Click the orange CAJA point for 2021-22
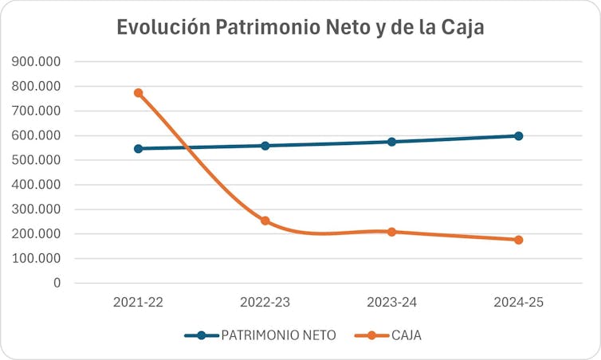pyautogui.click(x=138, y=93)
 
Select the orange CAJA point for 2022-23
pyautogui.click(x=265, y=221)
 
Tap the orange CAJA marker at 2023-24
pyautogui.click(x=392, y=232)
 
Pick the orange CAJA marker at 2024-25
pyautogui.click(x=518, y=240)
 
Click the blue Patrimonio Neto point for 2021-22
pyautogui.click(x=138, y=148)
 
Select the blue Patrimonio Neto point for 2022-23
pyautogui.click(x=265, y=146)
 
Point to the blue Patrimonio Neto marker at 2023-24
pyautogui.click(x=392, y=142)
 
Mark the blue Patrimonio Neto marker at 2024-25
pyautogui.click(x=518, y=136)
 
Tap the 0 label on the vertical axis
pyautogui.click(x=57, y=283)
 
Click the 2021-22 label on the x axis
pyautogui.click(x=139, y=303)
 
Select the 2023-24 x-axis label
pyautogui.click(x=391, y=303)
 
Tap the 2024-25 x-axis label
pyautogui.click(x=518, y=303)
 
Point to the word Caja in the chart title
pyautogui.click(x=461, y=27)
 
